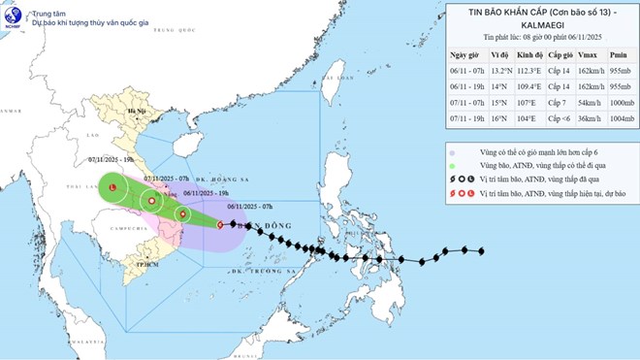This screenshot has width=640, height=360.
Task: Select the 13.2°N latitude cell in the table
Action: pyautogui.click(x=500, y=71)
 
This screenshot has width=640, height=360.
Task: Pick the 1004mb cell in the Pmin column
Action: pyautogui.click(x=618, y=116)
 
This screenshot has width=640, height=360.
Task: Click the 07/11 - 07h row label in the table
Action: pyautogui.click(x=466, y=101)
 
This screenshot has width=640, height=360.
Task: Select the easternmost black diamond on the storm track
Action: pyautogui.click(x=482, y=251)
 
